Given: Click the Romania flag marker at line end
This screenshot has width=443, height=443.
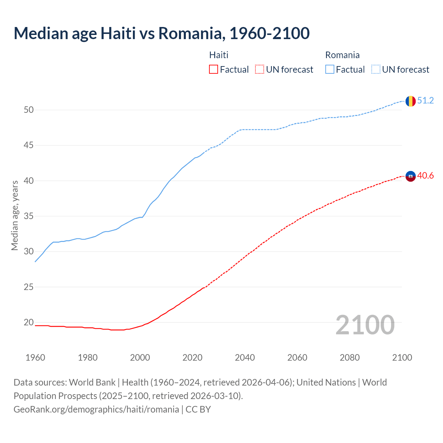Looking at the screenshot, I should pos(410,101).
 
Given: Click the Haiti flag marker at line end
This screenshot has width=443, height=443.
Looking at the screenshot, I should pos(410,176).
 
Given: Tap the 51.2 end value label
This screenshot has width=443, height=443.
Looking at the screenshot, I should pos(425,101).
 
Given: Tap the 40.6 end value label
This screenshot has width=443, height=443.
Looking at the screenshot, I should pos(425,176).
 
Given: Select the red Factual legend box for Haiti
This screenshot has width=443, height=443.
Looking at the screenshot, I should pos(214,70).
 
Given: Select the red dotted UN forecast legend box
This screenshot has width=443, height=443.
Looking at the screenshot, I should pos(260,70).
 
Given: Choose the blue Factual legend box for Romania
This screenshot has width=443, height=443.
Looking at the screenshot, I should pos(330,70).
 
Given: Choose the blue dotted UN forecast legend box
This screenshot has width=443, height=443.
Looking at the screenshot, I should pos(376,70).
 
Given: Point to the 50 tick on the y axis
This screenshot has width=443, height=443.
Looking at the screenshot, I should pos(29,110).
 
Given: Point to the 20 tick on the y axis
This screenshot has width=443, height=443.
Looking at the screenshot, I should pos(29,323).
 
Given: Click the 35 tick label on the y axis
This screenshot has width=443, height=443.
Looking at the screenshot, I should pos(29,216).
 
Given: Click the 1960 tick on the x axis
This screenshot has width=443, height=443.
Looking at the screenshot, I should pos(35,358).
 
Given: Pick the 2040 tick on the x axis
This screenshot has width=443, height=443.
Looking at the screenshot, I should pos(245,358).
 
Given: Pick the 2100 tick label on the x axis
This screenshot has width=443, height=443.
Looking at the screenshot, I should pos(402,358).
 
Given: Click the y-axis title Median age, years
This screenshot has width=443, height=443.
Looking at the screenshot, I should pos(15,215).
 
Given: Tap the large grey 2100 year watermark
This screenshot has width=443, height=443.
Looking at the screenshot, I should pos(365,325).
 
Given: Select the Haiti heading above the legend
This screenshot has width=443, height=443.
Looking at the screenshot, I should pos(219,55).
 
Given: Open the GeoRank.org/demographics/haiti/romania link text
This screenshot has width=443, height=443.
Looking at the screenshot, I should pos(96,409).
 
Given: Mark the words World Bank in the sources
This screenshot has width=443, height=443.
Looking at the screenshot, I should pos(92,382).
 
